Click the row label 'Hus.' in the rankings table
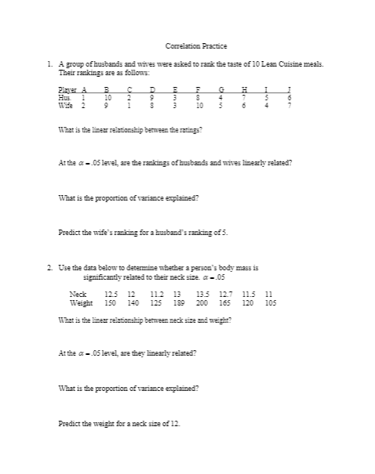click(x=65, y=97)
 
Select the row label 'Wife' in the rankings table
click(x=66, y=104)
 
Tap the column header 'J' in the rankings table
click(x=290, y=90)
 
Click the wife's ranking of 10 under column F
click(x=200, y=104)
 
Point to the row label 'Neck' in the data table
click(x=78, y=293)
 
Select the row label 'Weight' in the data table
click(x=82, y=301)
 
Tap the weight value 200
click(x=202, y=301)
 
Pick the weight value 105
click(x=271, y=301)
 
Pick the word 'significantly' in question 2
click(x=101, y=277)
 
